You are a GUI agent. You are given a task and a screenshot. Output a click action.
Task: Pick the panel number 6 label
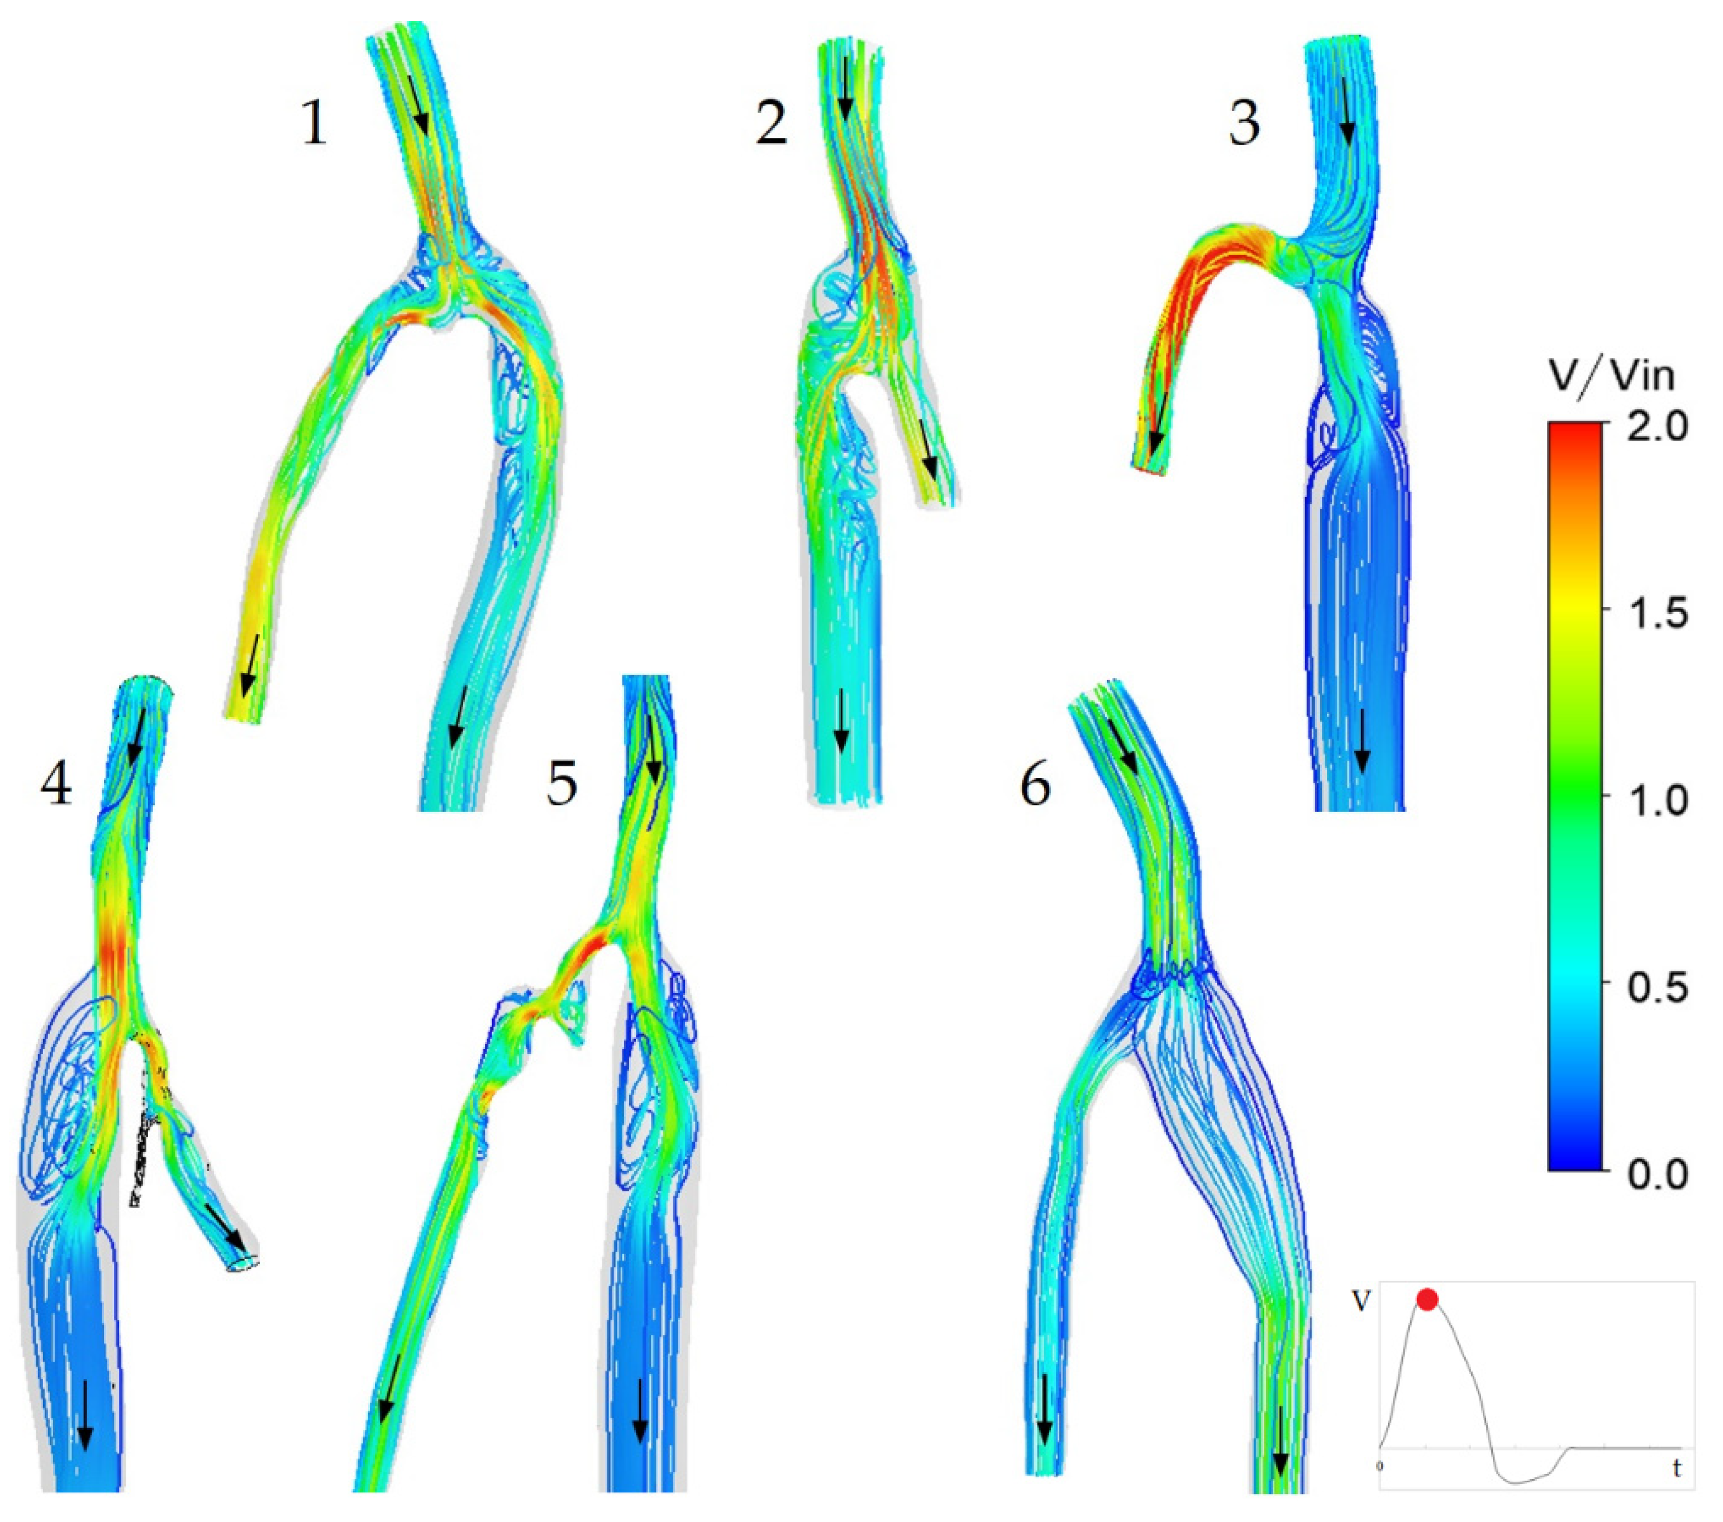(x=1035, y=787)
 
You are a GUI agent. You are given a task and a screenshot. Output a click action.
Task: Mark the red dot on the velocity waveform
(x=1426, y=1300)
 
